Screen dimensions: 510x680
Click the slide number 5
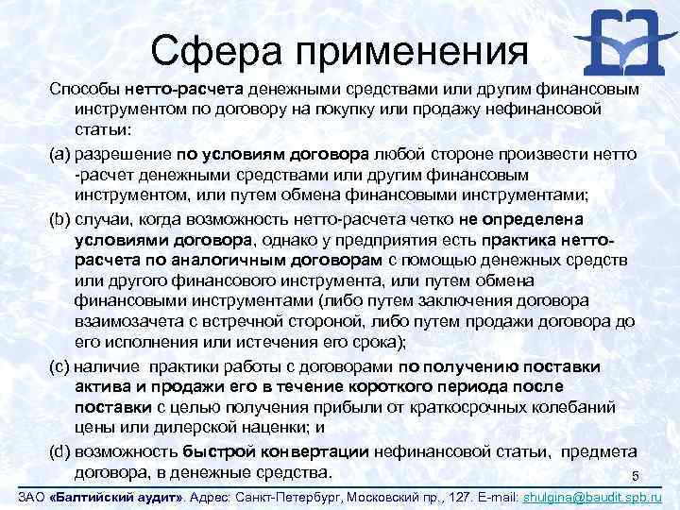(x=636, y=475)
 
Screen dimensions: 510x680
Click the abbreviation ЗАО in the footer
(x=32, y=496)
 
